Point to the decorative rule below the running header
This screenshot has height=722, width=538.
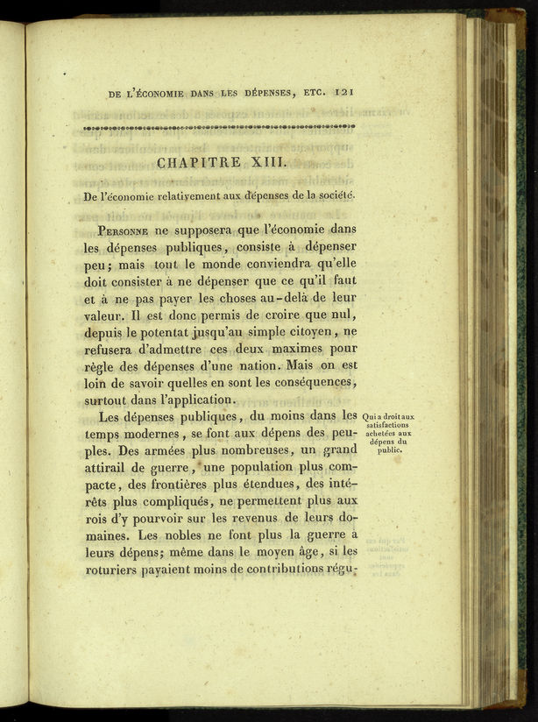point(219,127)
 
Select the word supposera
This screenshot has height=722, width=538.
point(197,231)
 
